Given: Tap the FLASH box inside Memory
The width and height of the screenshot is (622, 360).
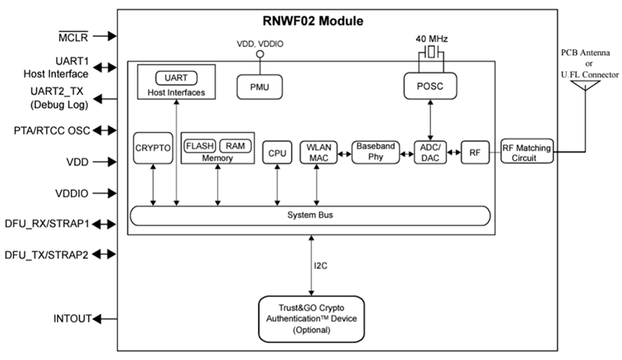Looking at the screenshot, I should pyautogui.click(x=200, y=145).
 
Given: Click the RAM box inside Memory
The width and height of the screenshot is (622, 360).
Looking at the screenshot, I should pyautogui.click(x=235, y=145).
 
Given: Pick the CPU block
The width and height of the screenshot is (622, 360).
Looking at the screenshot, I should pyautogui.click(x=277, y=153).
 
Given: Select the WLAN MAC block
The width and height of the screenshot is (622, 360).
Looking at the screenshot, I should pyautogui.click(x=317, y=152).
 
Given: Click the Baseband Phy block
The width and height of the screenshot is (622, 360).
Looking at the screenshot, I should pyautogui.click(x=375, y=152).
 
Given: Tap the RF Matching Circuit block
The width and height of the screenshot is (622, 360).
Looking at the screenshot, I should pyautogui.click(x=528, y=152).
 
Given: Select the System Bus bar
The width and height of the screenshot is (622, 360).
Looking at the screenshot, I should pyautogui.click(x=309, y=215).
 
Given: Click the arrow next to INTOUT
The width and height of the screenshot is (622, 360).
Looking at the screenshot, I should pyautogui.click(x=105, y=318).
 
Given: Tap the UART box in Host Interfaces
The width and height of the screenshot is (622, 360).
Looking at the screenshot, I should pyautogui.click(x=176, y=78).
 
